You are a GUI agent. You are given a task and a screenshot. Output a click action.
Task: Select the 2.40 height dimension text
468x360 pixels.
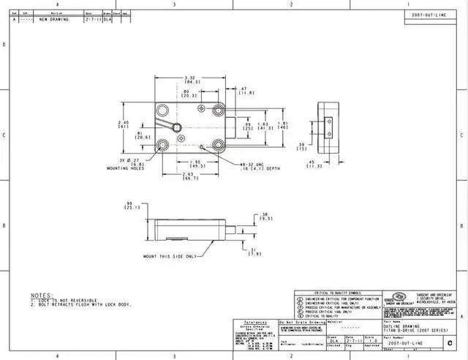click(124, 124)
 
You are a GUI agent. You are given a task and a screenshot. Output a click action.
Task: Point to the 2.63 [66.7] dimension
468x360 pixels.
click(190, 176)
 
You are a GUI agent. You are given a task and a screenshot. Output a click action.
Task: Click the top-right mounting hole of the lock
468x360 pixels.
click(219, 111)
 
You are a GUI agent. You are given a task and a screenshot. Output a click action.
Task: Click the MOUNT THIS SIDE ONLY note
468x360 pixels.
click(170, 257)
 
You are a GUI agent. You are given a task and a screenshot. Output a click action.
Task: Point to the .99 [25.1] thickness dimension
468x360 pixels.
click(132, 205)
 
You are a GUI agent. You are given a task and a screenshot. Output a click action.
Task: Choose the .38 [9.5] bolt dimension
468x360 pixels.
click(267, 217)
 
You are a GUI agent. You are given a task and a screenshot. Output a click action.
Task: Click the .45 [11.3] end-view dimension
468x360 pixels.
click(314, 164)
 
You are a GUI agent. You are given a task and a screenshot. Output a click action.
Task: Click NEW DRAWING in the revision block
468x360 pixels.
click(54, 20)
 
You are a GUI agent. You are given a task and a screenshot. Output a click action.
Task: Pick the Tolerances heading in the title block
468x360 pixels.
click(254, 322)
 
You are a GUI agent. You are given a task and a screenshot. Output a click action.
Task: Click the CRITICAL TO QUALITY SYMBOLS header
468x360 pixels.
click(337, 292)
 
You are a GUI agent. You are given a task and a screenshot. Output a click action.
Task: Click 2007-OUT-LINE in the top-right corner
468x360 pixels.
click(429, 15)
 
